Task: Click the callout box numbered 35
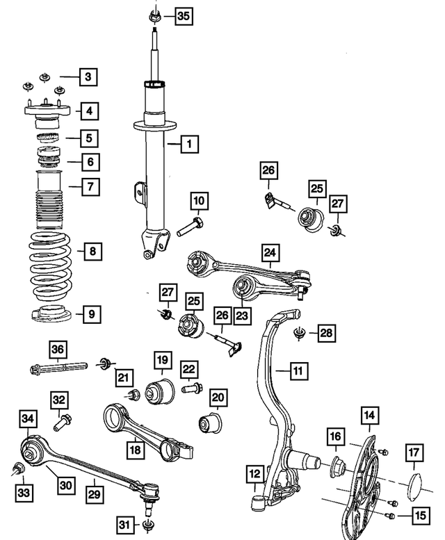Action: (181, 15)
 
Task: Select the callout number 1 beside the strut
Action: (188, 145)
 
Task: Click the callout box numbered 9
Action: (91, 314)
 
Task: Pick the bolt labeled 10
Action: (190, 225)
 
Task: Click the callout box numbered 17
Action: (414, 453)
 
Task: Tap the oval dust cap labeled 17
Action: (413, 485)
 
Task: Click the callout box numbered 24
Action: (270, 252)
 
